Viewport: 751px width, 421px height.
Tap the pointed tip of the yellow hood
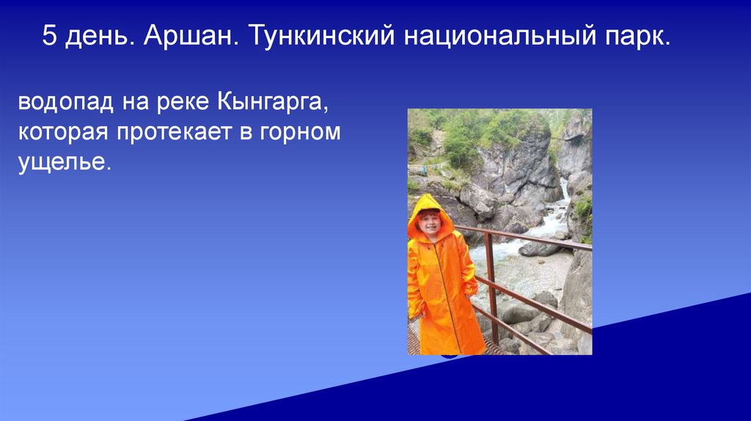pyautogui.click(x=426, y=197)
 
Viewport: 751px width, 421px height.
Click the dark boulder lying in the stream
pyautogui.click(x=539, y=248)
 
